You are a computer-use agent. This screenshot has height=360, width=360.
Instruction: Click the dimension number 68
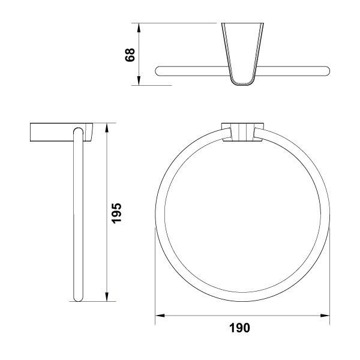point(130,55)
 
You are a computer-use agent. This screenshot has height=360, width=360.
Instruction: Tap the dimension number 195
point(116,213)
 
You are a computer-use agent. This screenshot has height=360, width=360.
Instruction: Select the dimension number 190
point(239,328)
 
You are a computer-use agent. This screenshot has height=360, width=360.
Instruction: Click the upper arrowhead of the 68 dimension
point(139,28)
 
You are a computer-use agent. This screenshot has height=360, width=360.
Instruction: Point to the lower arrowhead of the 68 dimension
point(139,81)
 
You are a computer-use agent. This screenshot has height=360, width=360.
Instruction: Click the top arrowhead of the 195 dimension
point(107,128)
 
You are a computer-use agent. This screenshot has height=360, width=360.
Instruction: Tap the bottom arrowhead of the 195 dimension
point(107,296)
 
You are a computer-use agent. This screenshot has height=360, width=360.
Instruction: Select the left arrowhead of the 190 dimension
point(160,316)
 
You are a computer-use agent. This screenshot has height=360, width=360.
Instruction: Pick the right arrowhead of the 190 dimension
point(325,316)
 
